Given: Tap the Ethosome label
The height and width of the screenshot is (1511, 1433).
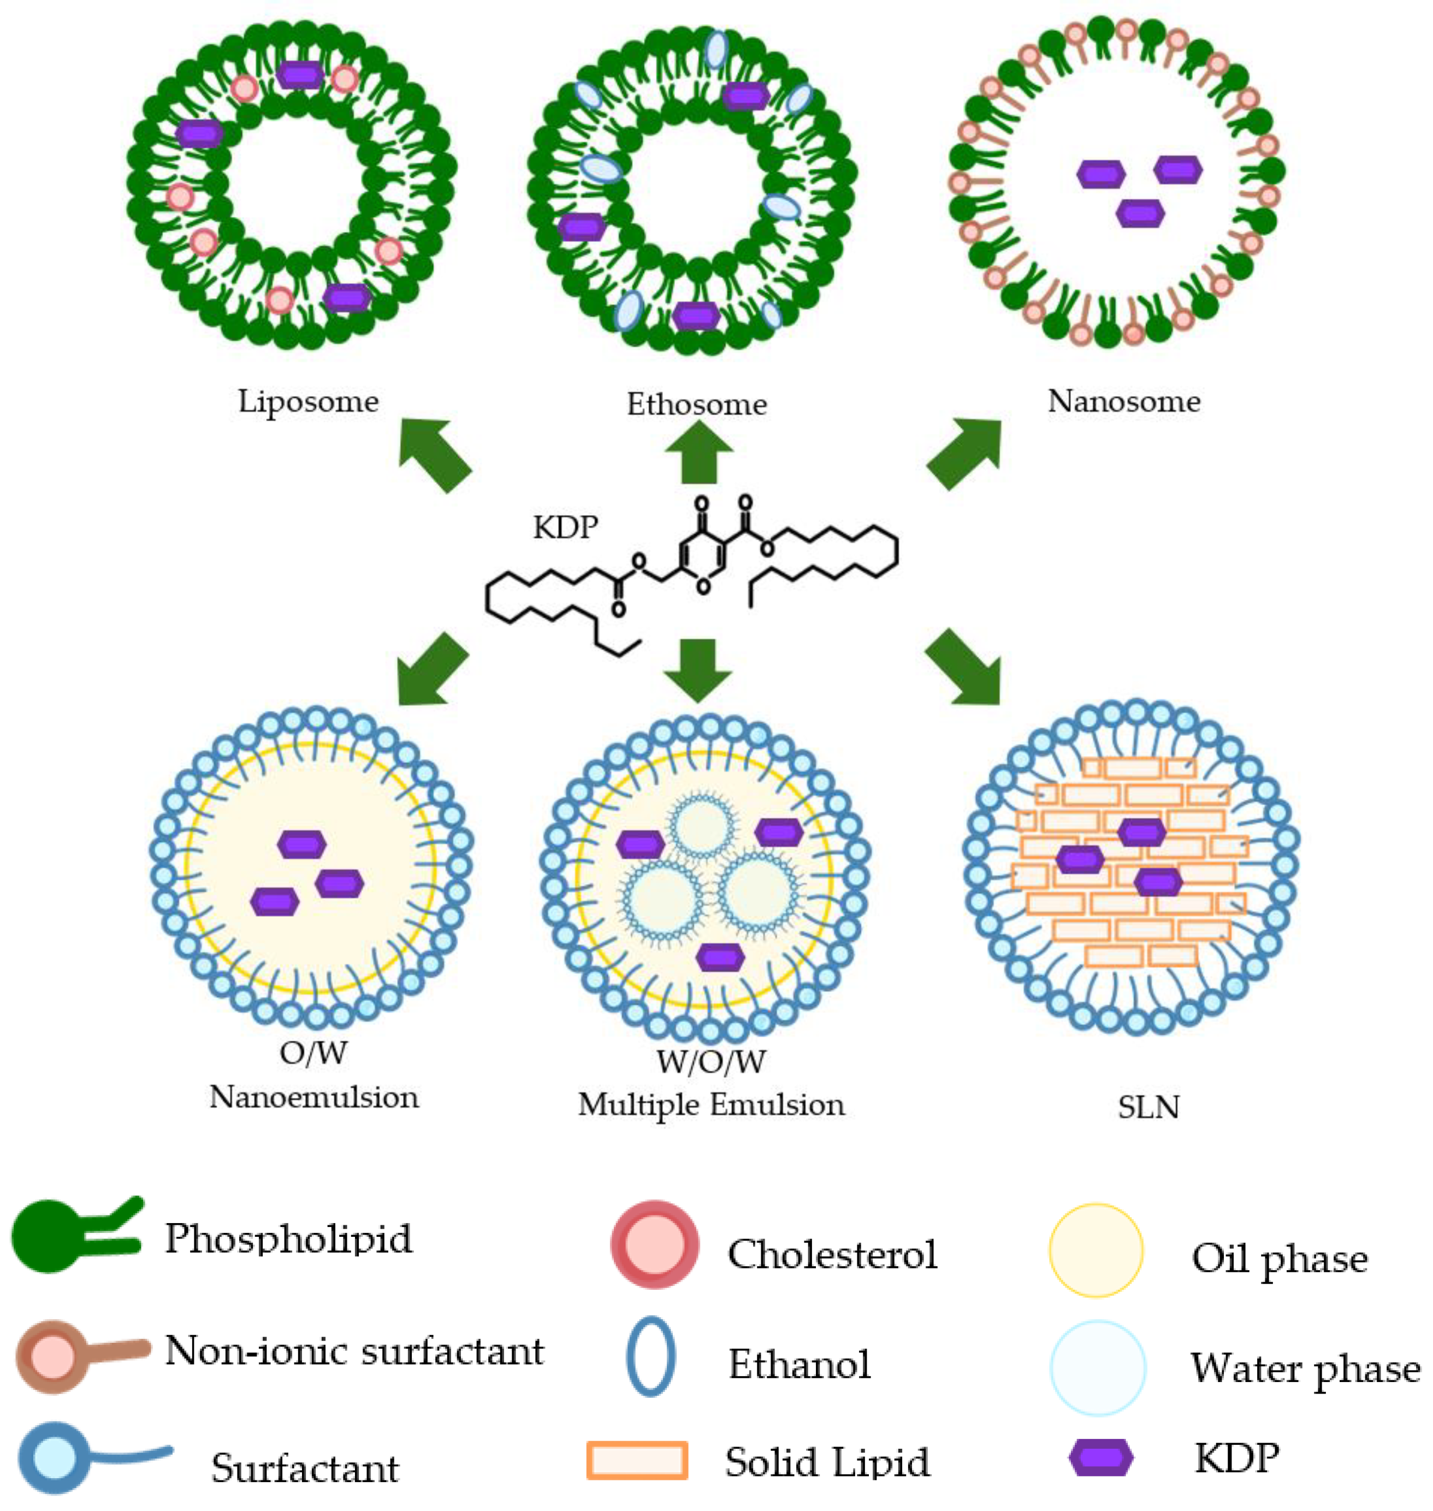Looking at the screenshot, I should (697, 404).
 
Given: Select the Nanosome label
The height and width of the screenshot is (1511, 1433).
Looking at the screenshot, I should (1124, 401).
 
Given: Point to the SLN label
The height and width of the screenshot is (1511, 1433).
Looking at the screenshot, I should (1148, 1107).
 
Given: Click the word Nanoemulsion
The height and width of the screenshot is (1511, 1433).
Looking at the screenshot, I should (314, 1097).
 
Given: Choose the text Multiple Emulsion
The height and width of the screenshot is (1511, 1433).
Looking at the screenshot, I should (711, 1105).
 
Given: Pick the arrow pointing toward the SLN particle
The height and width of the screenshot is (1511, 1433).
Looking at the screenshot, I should (964, 666).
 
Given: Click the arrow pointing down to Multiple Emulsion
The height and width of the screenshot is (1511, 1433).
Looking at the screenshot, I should (698, 669).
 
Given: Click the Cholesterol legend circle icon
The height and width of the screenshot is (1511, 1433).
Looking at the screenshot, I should (655, 1244).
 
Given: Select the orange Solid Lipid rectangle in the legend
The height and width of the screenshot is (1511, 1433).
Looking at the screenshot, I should (637, 1460).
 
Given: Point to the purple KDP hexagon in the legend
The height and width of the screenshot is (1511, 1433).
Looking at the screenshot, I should (1100, 1457).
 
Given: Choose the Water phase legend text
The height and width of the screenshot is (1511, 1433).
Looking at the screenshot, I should (1305, 1369).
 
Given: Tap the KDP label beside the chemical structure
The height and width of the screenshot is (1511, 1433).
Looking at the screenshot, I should (565, 527).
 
